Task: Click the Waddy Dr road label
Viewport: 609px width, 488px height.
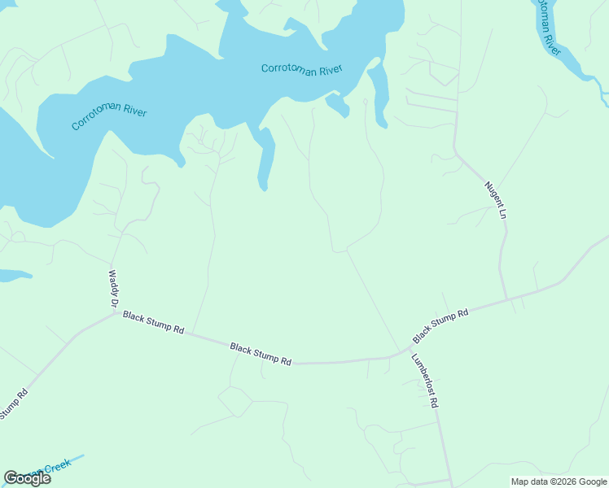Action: point(113,289)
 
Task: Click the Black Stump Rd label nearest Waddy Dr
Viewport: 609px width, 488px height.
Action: point(153,322)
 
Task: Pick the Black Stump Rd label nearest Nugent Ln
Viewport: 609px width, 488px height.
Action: point(440,325)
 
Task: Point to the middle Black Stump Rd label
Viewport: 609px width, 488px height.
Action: point(261,354)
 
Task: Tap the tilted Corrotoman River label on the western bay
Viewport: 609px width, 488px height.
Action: point(109,116)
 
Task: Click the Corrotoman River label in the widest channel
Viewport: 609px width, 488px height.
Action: point(300,69)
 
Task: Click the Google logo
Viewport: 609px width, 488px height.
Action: point(27,478)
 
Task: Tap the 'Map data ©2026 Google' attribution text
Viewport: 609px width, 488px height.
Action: point(558,481)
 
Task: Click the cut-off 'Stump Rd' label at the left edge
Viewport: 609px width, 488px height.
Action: point(14,404)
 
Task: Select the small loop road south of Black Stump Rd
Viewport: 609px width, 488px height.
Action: point(235,401)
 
